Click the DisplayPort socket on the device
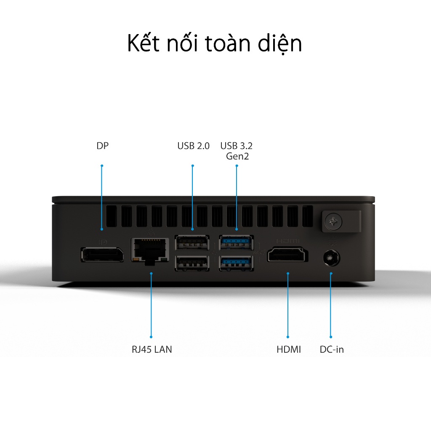coord(102,255)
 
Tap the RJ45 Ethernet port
coord(150,251)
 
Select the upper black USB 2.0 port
coord(192,242)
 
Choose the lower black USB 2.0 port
coord(192,263)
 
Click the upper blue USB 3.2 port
coord(236,242)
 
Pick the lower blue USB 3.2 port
coord(236,263)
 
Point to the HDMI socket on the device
coord(287,255)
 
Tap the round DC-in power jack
coord(332,258)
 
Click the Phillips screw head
coord(333,221)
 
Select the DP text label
coord(103,146)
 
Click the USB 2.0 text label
coord(193,146)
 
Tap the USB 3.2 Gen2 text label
coord(237,151)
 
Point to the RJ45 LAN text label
coord(152,349)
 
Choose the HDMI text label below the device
coord(289,349)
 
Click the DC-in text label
coord(332,349)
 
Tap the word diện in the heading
coord(280,44)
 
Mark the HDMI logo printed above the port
coord(287,241)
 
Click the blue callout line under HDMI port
coord(288,305)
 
